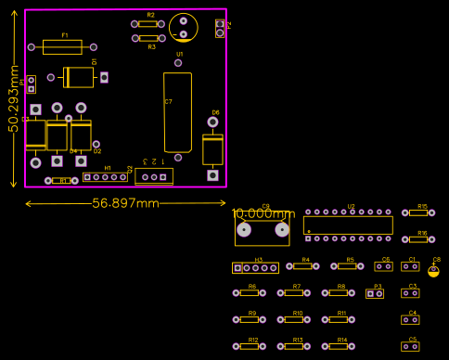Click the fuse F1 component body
(62, 46)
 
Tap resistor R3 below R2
(150, 39)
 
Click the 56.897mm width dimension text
(125, 203)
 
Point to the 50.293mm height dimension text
(14, 98)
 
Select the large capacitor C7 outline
(178, 112)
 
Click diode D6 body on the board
(212, 149)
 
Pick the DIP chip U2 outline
(348, 225)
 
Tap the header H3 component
(255, 268)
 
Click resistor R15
(418, 212)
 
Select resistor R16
(418, 238)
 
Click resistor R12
(250, 346)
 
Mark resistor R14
(340, 346)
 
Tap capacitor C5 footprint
(410, 346)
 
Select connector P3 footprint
(375, 293)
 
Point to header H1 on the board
(105, 176)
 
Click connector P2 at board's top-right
(220, 28)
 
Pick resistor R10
(295, 319)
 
